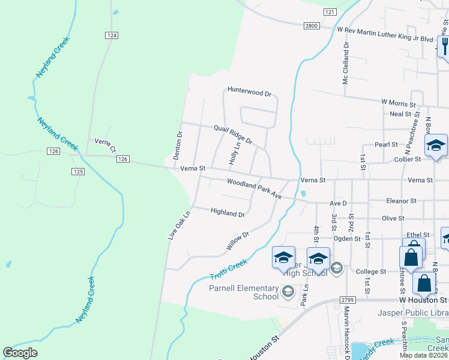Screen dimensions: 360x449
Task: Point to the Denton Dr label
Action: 178,145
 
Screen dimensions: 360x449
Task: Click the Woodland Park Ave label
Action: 254,188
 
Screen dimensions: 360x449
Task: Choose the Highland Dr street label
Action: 228,212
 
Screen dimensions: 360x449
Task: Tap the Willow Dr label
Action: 237,241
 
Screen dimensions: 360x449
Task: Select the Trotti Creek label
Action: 229,269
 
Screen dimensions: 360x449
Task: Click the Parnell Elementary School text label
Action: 244,292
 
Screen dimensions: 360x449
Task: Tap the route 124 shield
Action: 111,36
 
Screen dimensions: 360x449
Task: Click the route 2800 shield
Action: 312,25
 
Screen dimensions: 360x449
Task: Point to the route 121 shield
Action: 330,12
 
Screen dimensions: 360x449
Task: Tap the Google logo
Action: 20,353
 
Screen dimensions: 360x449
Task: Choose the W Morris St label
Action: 399,104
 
